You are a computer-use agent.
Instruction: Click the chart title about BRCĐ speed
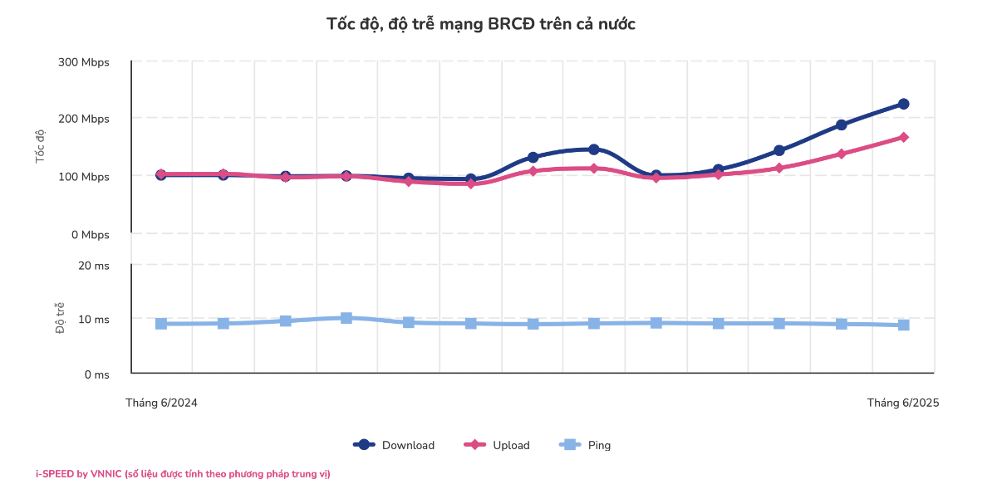coord(481,24)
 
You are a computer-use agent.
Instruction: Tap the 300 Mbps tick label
coord(84,62)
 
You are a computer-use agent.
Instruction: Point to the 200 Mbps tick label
coord(84,119)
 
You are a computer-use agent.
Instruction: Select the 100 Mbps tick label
coord(84,177)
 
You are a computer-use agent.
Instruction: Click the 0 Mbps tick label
coord(88,235)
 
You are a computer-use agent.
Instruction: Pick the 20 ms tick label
coord(92,266)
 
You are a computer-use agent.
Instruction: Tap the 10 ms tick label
coord(92,320)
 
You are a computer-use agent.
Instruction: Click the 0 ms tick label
coord(96,374)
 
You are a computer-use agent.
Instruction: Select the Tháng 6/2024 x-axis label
coord(161,403)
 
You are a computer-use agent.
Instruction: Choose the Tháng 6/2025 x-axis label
coord(903,403)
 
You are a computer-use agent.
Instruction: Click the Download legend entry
coord(395,445)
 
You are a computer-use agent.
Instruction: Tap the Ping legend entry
coord(586,445)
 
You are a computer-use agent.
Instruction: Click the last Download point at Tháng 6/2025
coord(903,104)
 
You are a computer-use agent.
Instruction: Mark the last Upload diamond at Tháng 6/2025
coord(903,137)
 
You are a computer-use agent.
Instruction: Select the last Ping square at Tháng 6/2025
coord(903,325)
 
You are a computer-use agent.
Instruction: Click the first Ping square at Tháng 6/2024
coord(161,323)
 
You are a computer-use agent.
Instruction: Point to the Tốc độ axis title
coord(40,146)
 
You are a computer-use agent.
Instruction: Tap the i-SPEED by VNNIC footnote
coord(183,474)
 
